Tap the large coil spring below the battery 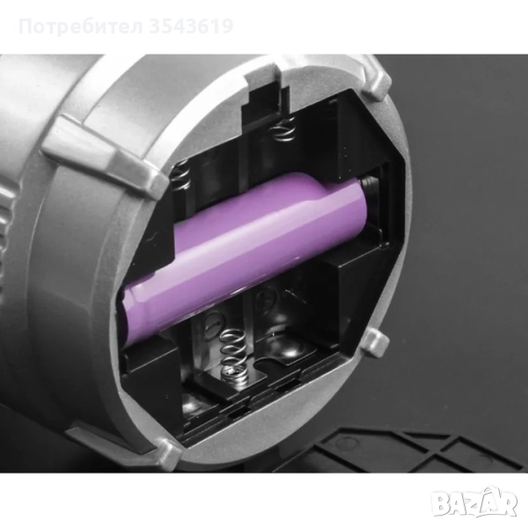(231, 357)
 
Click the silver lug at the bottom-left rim (167, 453)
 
